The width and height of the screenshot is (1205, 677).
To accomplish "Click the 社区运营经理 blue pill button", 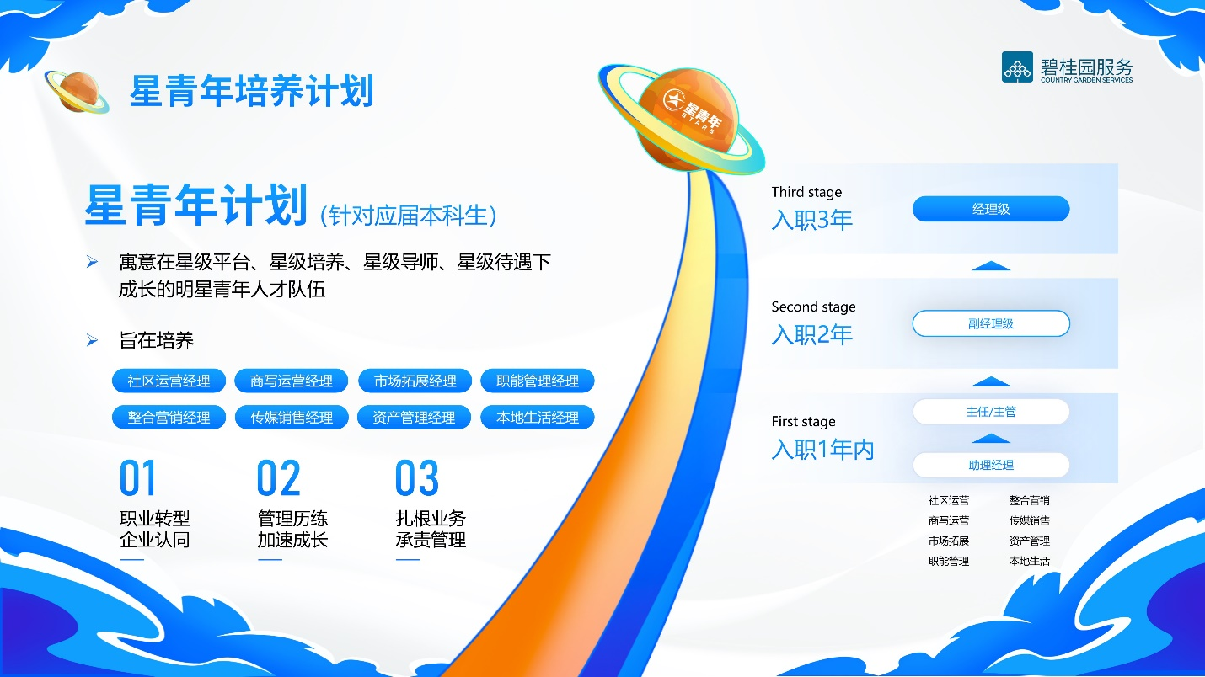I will [x=169, y=381].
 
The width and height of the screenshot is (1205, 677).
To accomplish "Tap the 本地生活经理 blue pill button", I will [x=538, y=417].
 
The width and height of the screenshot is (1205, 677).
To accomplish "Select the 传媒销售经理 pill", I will [x=292, y=417].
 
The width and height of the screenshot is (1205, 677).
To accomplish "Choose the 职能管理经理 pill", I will [x=538, y=381].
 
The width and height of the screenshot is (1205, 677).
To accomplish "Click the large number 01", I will [x=137, y=478].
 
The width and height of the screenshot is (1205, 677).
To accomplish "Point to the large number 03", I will [x=417, y=478].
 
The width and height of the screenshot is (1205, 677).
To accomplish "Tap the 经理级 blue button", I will [x=991, y=209].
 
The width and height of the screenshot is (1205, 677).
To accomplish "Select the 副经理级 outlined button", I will [x=991, y=323].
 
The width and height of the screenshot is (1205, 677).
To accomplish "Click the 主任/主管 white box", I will [x=991, y=412].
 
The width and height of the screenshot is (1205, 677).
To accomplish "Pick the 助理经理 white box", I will [x=991, y=465].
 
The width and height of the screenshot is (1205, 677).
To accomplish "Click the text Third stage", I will [x=806, y=192].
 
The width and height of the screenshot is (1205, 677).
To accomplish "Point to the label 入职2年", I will [x=812, y=334].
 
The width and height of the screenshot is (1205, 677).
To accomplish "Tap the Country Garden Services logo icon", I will [x=1017, y=67].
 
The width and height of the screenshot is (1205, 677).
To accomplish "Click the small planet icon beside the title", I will [x=76, y=91].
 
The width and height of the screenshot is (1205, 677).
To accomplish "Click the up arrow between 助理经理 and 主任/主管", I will [x=991, y=438].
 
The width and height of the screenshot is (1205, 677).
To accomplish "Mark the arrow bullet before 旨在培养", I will [x=93, y=340].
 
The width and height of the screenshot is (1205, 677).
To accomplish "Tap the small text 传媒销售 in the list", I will [x=1030, y=520].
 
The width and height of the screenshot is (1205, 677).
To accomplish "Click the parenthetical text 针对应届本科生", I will [x=409, y=215].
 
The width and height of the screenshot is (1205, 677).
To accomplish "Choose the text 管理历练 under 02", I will [x=292, y=519].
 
